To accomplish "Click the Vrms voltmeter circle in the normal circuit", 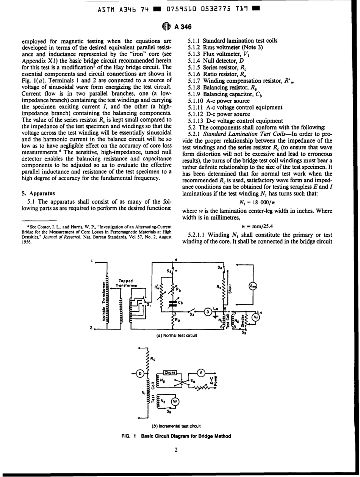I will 252,287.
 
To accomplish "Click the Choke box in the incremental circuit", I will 170,373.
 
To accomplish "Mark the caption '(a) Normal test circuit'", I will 177,336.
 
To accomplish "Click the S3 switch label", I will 192,314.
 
